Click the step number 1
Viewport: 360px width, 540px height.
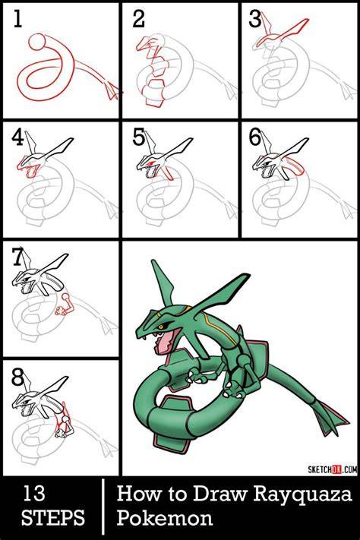tap(17, 18)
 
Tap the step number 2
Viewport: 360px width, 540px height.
tap(138, 18)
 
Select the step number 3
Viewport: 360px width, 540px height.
tap(255, 18)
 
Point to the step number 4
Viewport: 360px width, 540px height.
tap(17, 137)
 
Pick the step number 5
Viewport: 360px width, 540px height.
tap(138, 137)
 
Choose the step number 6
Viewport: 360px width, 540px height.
tap(255, 137)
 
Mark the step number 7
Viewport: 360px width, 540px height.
tap(17, 257)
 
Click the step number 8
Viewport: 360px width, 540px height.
tap(17, 377)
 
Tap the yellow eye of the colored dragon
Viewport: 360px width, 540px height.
tap(160, 326)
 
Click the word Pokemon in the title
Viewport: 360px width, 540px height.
tap(164, 518)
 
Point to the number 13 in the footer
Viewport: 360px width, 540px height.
tap(33, 494)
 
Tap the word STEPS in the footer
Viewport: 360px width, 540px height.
tap(52, 517)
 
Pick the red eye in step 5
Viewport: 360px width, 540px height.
tap(152, 162)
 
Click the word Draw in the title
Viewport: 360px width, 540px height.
tap(220, 494)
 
